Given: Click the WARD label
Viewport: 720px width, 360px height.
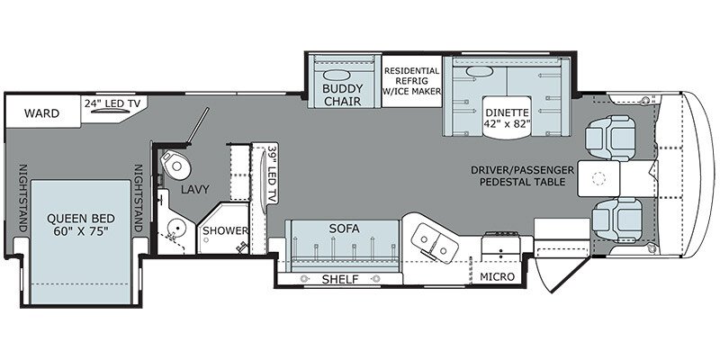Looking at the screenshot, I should pos(42,113).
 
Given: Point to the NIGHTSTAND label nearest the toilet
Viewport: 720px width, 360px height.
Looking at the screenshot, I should pos(139,199).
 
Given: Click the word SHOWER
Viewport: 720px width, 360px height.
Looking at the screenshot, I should pos(224,230).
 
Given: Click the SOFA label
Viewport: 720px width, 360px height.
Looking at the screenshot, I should pos(343,229).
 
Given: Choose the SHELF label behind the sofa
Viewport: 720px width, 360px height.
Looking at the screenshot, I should pos(340,280).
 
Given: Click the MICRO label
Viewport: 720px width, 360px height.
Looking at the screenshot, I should pos(497,277).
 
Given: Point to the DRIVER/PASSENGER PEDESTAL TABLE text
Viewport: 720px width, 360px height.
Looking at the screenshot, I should pos(523,175).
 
